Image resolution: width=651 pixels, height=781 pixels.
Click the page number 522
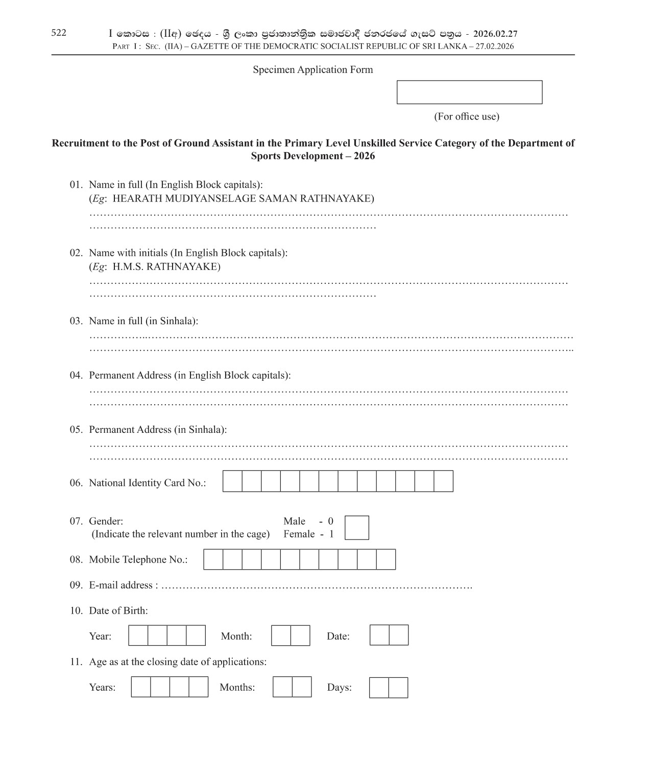(x=59, y=33)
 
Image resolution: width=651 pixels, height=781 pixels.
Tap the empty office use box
(x=469, y=92)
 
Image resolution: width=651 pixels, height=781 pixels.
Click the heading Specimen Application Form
(x=312, y=69)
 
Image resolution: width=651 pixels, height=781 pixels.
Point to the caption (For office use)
(x=466, y=116)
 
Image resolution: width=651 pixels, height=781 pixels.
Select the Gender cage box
(x=356, y=527)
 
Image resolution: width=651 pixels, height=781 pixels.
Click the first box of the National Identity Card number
(x=232, y=481)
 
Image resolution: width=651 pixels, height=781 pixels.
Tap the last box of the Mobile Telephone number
(x=386, y=559)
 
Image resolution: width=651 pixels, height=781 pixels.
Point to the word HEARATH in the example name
(x=133, y=198)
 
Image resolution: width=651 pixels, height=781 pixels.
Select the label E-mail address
(x=120, y=585)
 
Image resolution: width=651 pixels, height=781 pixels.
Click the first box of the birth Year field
(x=138, y=636)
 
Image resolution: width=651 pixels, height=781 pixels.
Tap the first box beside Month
(x=281, y=636)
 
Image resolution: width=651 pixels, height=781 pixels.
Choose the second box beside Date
(x=399, y=635)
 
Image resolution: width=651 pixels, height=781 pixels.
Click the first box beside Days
(x=379, y=687)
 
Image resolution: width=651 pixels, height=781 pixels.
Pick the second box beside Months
(x=302, y=687)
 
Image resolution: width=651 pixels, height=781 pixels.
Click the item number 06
(x=76, y=482)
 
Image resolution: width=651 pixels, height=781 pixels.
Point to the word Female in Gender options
(x=299, y=534)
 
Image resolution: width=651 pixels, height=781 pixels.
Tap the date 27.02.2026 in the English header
(x=494, y=46)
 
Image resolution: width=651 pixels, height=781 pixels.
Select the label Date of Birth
(x=118, y=611)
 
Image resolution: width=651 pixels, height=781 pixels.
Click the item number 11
(x=76, y=662)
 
